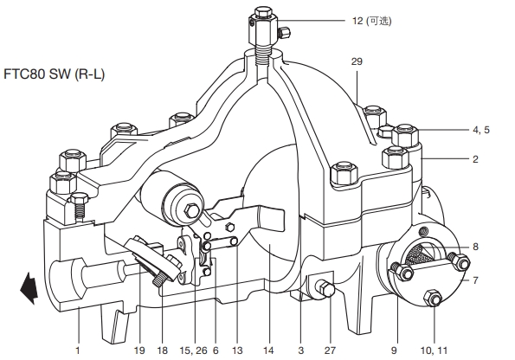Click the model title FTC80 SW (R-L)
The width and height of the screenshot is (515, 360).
click(54, 74)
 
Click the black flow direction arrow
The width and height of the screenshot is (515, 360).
click(29, 288)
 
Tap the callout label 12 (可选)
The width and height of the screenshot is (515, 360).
click(372, 21)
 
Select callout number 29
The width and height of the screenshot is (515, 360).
click(357, 61)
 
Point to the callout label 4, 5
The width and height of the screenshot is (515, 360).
click(481, 130)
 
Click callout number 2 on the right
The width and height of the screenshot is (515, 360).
click(475, 159)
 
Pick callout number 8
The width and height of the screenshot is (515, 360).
click(475, 247)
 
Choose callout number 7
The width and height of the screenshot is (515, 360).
click(475, 280)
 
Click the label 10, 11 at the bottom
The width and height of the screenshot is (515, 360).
click(434, 350)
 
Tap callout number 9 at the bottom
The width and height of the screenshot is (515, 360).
click(394, 350)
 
